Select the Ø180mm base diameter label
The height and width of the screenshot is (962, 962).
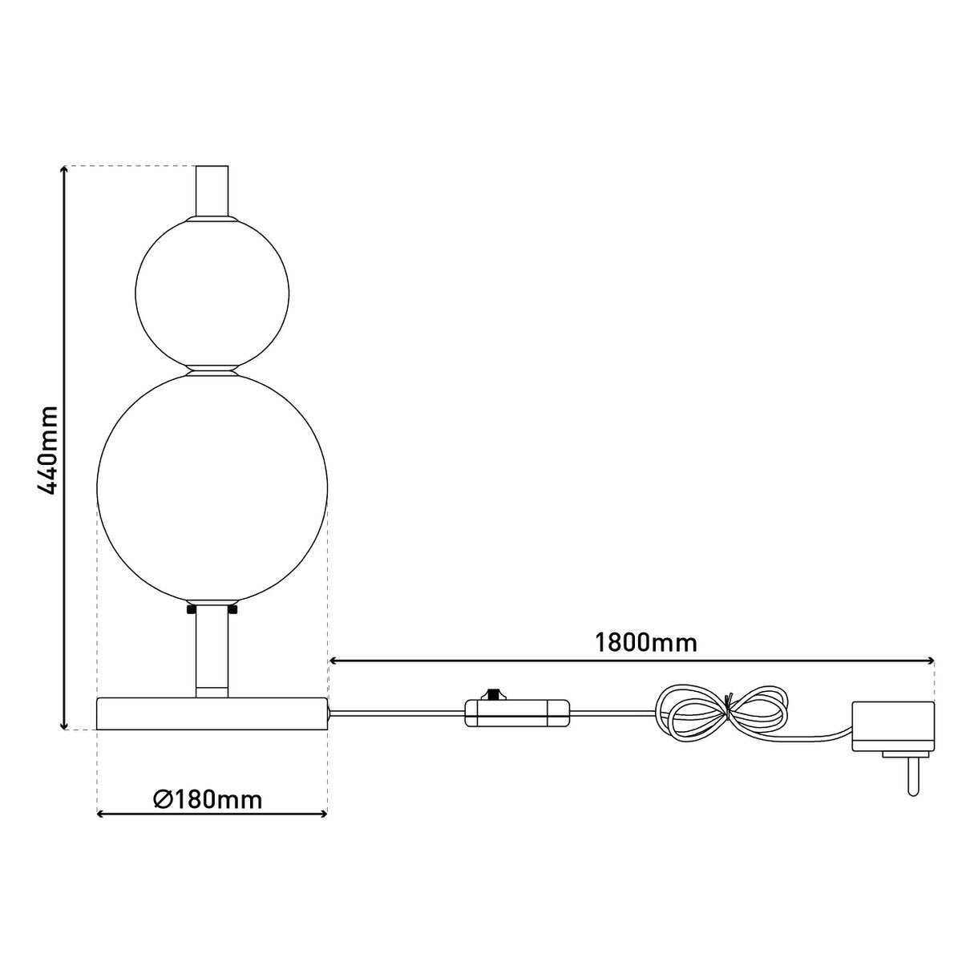208,799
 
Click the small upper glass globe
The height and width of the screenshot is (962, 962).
212,293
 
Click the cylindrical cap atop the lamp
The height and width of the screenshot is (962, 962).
212,190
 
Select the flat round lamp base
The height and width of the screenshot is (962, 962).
212,713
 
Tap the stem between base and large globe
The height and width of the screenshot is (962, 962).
212,650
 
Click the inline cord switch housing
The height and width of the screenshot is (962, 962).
518,712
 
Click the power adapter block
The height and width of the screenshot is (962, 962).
893,726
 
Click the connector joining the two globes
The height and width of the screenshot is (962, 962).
212,370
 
